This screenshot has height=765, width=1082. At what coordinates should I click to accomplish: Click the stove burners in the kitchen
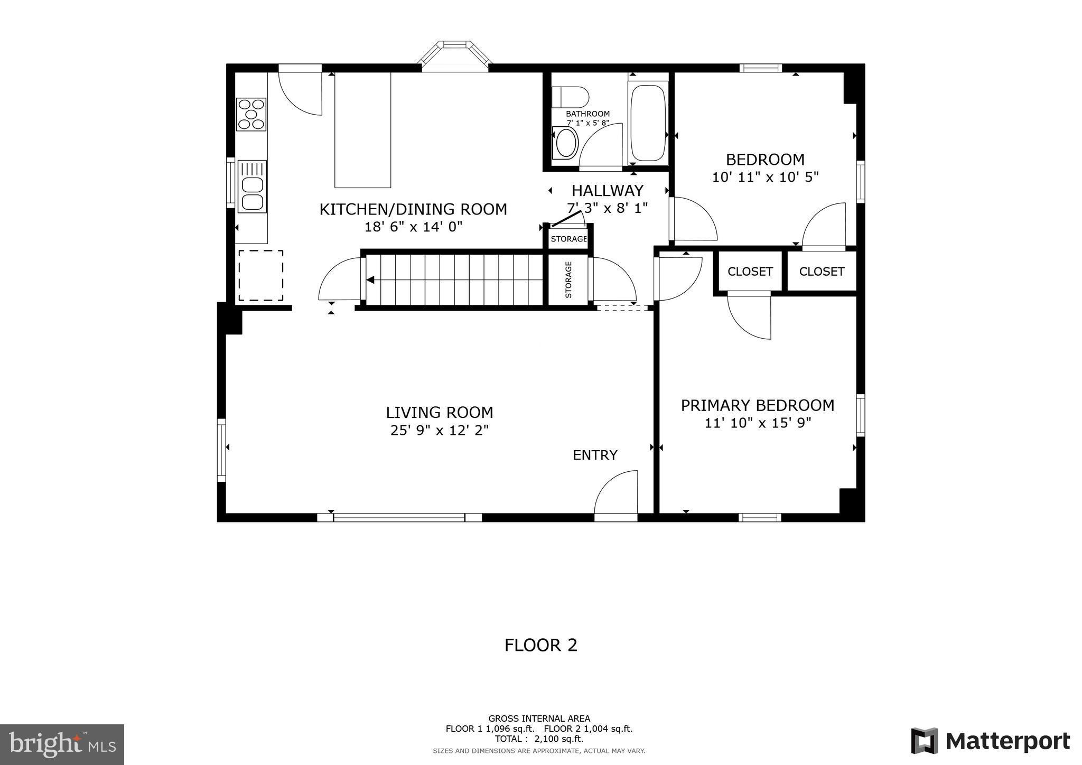(251, 114)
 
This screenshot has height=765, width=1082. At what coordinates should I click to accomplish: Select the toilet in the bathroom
(570, 97)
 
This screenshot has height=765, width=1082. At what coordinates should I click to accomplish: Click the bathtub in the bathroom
(648, 123)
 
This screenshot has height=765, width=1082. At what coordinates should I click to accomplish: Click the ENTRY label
(595, 455)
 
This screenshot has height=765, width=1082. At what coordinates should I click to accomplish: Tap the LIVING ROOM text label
(439, 412)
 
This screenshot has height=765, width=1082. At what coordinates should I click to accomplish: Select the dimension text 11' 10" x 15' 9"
(758, 423)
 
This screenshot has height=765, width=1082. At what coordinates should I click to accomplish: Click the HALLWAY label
(608, 190)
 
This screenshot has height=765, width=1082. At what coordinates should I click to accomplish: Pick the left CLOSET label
(750, 272)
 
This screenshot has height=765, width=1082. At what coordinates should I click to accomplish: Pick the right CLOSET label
(822, 272)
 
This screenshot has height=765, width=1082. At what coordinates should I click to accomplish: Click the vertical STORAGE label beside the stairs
(568, 279)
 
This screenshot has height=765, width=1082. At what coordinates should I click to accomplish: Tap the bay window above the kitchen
(454, 55)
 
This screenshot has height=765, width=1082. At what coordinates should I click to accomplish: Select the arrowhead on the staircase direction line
(371, 279)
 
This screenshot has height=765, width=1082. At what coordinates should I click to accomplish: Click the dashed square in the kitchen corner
(260, 275)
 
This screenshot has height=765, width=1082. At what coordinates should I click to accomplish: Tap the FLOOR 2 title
(540, 645)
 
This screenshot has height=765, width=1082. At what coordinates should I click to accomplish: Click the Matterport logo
(990, 741)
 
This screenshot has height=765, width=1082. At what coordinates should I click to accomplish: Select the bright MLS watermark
(62, 745)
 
